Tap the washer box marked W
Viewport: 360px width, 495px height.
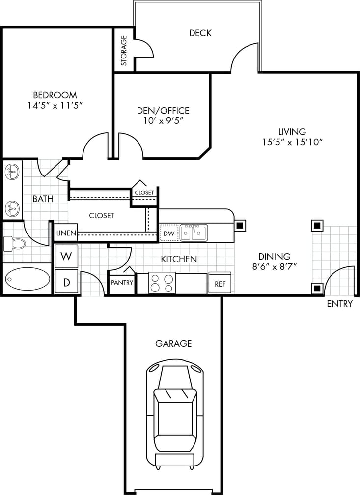(x=66, y=256)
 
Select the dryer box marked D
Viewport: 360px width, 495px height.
(x=66, y=282)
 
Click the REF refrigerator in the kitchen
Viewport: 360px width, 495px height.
(x=220, y=283)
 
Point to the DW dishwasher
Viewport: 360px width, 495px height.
(x=168, y=233)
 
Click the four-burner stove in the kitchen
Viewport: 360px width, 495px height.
(x=162, y=283)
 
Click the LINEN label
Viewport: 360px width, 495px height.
(x=66, y=233)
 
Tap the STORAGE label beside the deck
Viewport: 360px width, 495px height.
(x=124, y=51)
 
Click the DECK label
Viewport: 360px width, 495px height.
(x=200, y=33)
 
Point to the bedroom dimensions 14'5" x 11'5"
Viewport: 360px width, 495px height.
(x=55, y=105)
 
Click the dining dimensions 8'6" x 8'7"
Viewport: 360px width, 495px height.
(x=275, y=266)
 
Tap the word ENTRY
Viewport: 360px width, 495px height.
(x=339, y=304)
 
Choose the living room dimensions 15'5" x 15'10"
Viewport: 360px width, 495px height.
(x=292, y=142)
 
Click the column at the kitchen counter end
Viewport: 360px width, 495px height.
(x=240, y=226)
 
